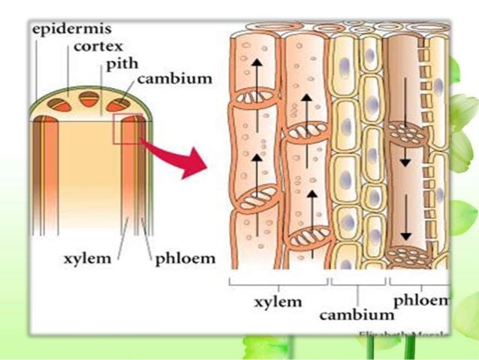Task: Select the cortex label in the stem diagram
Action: click(x=98, y=47)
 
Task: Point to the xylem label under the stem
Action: click(x=85, y=259)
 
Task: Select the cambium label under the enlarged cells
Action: click(x=357, y=314)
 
